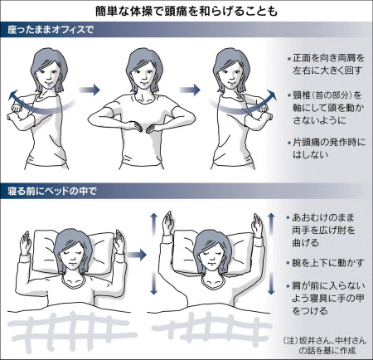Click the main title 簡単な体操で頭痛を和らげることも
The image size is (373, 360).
[x=186, y=12]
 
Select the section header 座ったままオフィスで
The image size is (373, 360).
[x=51, y=30]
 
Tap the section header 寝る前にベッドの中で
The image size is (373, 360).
[x=52, y=191]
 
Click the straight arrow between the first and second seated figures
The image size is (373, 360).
[x=89, y=90]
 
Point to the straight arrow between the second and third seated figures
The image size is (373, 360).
[x=190, y=90]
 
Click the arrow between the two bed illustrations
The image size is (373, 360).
[x=137, y=255]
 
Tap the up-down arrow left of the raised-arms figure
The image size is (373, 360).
[x=153, y=254]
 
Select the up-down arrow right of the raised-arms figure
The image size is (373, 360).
[x=271, y=254]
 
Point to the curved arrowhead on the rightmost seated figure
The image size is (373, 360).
[x=271, y=95]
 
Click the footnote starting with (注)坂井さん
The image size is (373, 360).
[x=325, y=345]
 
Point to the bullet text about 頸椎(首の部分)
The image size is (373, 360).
[x=327, y=108]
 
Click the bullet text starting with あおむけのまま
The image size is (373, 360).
[x=322, y=231]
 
